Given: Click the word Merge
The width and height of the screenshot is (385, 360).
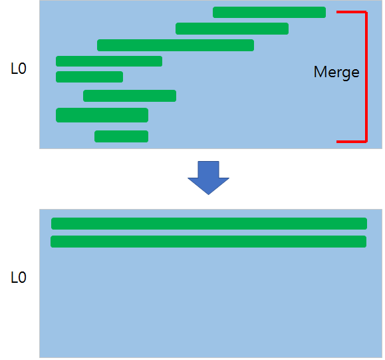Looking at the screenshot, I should [336, 73].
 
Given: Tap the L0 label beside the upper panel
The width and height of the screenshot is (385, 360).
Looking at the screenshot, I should [19, 69].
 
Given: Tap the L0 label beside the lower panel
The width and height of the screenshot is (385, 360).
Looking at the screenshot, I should [19, 277].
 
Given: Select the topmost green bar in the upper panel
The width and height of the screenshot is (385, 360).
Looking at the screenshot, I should [269, 12].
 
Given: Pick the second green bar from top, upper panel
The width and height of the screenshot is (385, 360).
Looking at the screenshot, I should [232, 29].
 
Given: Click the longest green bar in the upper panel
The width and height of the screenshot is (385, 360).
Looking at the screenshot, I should [176, 45].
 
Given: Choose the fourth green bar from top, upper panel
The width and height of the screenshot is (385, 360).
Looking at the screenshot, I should [109, 61].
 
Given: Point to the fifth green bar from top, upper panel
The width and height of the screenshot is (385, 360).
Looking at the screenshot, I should [89, 77].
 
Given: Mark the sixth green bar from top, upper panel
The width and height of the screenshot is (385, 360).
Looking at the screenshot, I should [130, 96].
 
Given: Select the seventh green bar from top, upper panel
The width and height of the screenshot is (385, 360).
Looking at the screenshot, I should [102, 115].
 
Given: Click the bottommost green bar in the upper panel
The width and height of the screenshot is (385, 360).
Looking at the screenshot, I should [121, 136].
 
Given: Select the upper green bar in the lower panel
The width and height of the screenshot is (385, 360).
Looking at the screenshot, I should [209, 224].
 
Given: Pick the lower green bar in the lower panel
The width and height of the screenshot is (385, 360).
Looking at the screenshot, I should [208, 242].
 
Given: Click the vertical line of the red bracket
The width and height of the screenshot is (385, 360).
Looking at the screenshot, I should [366, 77].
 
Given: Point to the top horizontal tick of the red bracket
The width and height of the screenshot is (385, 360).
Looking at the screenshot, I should [350, 12].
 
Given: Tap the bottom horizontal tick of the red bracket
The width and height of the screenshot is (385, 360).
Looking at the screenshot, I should [350, 141].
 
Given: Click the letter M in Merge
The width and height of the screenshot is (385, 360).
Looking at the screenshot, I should [319, 73].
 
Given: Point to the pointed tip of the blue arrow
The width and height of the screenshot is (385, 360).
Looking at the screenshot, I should [208, 193].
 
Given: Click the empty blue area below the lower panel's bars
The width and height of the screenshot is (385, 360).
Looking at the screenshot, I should [209, 306].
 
